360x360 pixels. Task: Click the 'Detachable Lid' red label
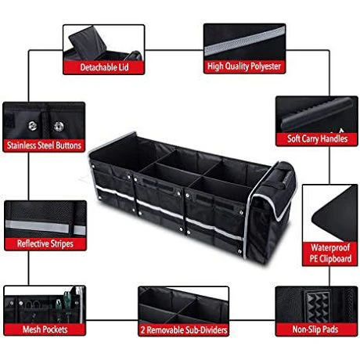pyautogui.click(x=104, y=67)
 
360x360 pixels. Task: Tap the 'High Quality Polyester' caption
pyautogui.click(x=244, y=67)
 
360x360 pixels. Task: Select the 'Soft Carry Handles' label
pyautogui.click(x=317, y=139)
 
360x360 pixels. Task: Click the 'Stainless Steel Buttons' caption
pyautogui.click(x=44, y=146)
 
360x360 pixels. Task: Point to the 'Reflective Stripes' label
pyautogui.click(x=45, y=243)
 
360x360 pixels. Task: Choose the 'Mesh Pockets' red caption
pyautogui.click(x=45, y=329)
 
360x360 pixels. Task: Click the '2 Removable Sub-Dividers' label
pyautogui.click(x=184, y=330)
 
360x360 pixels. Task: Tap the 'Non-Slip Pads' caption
pyautogui.click(x=315, y=329)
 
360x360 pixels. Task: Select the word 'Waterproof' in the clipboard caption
pyautogui.click(x=330, y=247)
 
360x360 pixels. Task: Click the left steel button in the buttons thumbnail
pyautogui.click(x=33, y=126)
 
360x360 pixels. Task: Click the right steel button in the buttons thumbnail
pyautogui.click(x=59, y=127)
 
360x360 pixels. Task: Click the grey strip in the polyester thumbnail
pyautogui.click(x=244, y=41)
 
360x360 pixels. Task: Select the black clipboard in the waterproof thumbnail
pyautogui.click(x=335, y=213)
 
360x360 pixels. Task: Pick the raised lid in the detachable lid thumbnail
pyautogui.click(x=88, y=43)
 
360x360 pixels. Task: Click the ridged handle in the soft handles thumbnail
pyautogui.click(x=317, y=114)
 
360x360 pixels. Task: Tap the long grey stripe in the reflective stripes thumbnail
pyautogui.click(x=37, y=226)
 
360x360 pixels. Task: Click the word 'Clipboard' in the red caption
pyautogui.click(x=335, y=259)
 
